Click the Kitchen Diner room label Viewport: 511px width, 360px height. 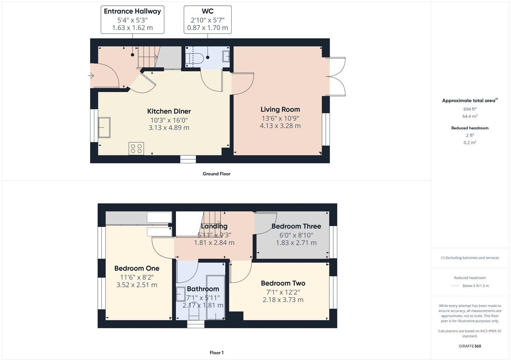(x=169, y=111)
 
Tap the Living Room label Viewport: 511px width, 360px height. (x=280, y=109)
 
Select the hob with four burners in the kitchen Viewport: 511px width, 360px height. (x=136, y=148)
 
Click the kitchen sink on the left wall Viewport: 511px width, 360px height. (x=104, y=128)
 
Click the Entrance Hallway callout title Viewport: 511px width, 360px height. (x=132, y=11)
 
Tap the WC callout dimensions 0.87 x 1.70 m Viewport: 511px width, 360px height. (x=208, y=28)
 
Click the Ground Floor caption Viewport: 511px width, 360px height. (x=216, y=174)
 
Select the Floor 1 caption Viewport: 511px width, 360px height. (x=217, y=353)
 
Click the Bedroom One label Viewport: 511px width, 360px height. (x=137, y=268)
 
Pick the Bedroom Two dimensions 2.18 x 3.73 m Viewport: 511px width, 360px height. (x=283, y=300)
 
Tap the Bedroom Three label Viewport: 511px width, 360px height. (x=296, y=226)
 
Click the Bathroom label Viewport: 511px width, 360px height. (x=203, y=289)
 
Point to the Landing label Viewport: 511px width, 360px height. (x=214, y=226)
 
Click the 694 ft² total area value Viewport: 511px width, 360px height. (x=470, y=109)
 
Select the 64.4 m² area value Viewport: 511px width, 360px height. (x=470, y=116)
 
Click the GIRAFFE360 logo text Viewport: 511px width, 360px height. (x=470, y=346)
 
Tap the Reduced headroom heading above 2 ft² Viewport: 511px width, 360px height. (x=470, y=128)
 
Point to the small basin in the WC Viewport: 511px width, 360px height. (x=226, y=56)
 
